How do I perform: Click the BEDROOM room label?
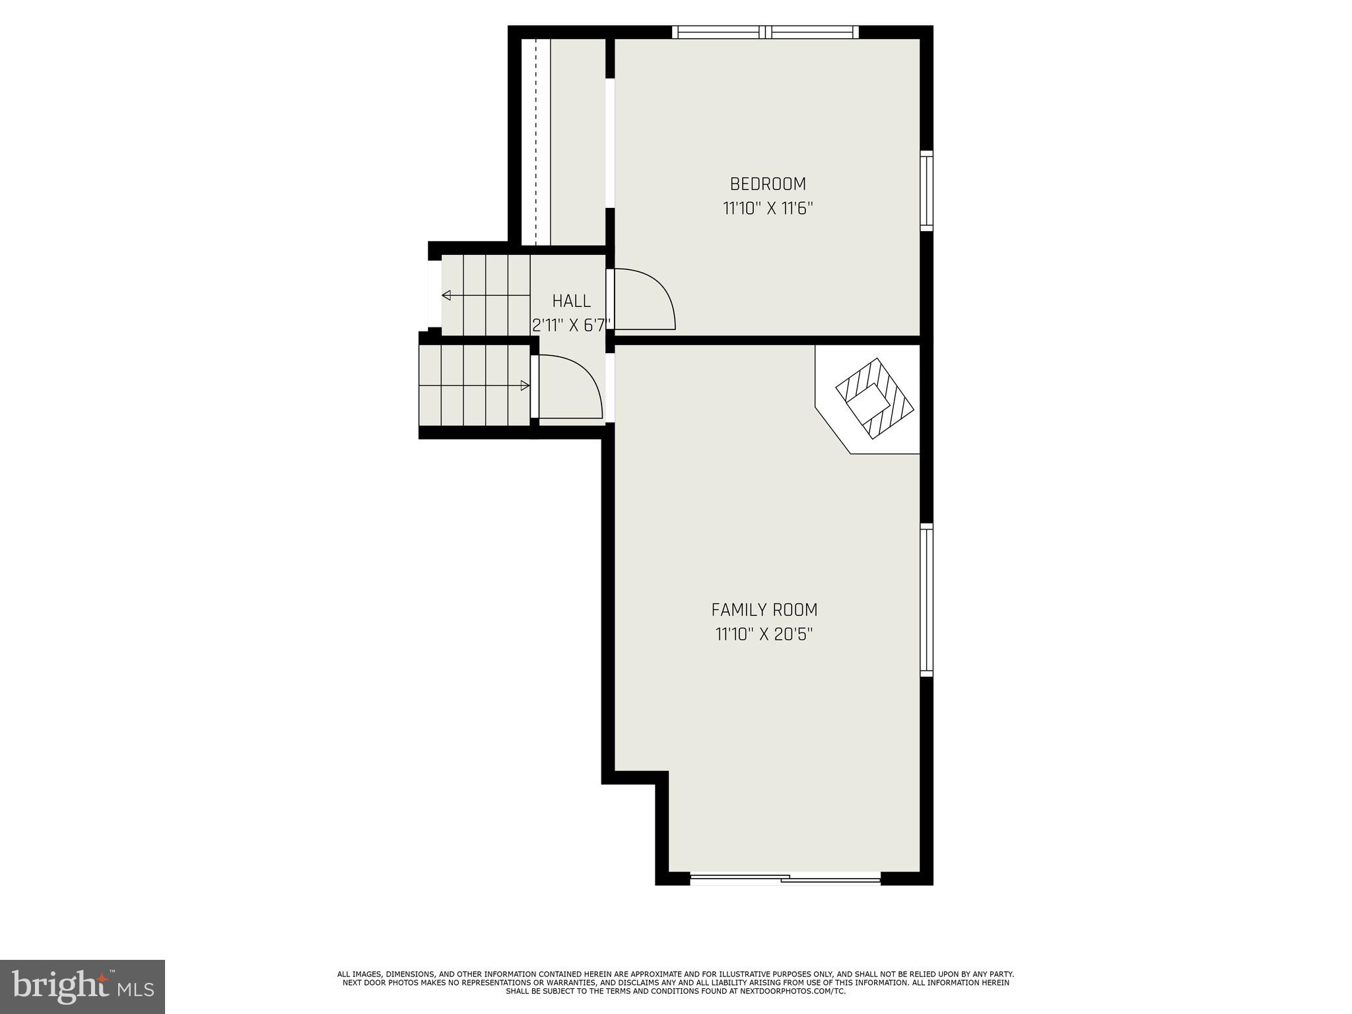(x=767, y=184)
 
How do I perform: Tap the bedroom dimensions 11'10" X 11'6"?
(x=767, y=209)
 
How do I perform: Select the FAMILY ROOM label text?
(x=764, y=609)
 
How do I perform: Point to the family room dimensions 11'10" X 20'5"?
(x=764, y=634)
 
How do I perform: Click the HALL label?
(x=571, y=301)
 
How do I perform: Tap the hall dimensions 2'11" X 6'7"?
(x=572, y=325)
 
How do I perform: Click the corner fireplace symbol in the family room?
(x=874, y=399)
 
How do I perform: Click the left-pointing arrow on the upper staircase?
(x=447, y=295)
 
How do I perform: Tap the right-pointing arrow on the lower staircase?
(x=525, y=386)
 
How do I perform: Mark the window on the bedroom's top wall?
(x=765, y=32)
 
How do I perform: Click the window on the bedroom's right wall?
(x=926, y=190)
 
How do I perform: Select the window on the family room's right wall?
(x=926, y=599)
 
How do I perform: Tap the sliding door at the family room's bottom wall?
(x=785, y=878)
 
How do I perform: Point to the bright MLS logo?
(x=82, y=986)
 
